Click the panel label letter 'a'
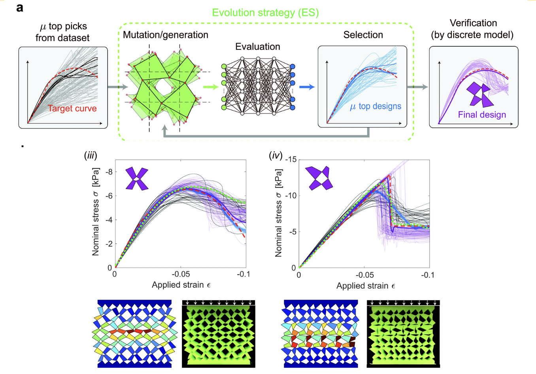coord(20,8)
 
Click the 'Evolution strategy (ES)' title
coord(265,13)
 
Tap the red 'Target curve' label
coord(72,108)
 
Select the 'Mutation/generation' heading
coord(166,35)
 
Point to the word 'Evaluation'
coord(257,47)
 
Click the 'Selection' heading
coord(363,35)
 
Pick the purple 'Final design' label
coord(482,115)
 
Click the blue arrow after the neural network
coord(307,87)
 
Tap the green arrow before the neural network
coord(211,87)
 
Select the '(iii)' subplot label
coord(91,155)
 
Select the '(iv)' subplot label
coord(276,155)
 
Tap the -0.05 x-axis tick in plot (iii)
coord(180,274)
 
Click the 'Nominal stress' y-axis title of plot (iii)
coord(96,212)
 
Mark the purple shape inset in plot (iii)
coord(137,179)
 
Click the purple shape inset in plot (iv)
coord(318,178)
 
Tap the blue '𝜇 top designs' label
coord(376,106)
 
